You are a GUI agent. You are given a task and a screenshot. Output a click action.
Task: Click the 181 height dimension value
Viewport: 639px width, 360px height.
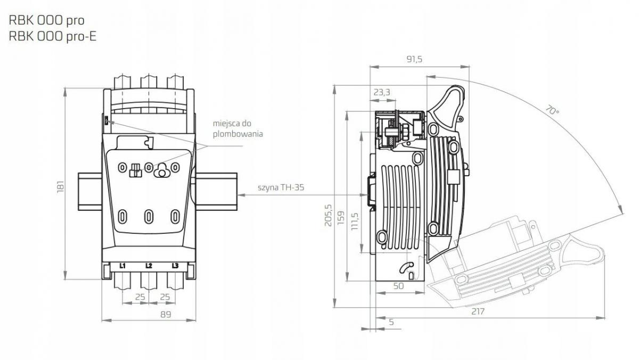(x=61, y=186)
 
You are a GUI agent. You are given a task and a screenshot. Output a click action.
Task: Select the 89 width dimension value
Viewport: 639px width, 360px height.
(x=166, y=314)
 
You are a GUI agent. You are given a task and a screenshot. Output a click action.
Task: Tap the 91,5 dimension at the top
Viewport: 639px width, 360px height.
(x=414, y=59)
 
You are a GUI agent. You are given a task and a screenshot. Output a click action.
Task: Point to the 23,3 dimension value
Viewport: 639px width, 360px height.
(x=382, y=93)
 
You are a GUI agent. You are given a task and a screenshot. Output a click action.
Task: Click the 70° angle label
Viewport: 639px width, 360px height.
(x=552, y=110)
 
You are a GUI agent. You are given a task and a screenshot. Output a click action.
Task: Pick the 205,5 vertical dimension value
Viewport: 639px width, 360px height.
(x=329, y=215)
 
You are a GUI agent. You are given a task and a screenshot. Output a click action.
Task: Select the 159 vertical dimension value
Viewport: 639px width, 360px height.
(x=341, y=218)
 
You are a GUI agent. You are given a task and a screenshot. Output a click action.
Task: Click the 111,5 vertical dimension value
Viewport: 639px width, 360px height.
(x=355, y=222)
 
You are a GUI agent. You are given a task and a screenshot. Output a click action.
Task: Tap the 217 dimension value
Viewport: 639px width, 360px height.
(x=478, y=312)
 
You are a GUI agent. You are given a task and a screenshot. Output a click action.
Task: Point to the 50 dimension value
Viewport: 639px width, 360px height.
(x=398, y=286)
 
